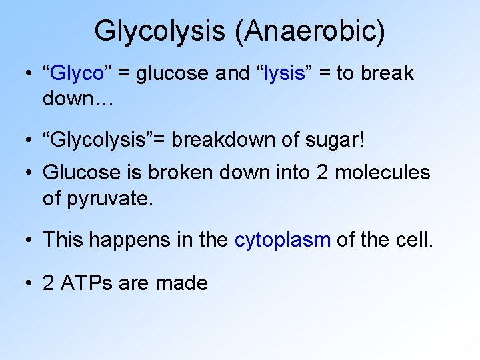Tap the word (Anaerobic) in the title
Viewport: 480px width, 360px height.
[x=309, y=31]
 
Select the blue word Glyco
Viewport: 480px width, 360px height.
[x=78, y=73]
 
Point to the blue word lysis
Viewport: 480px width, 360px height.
[x=284, y=73]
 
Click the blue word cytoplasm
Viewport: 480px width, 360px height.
[x=283, y=239]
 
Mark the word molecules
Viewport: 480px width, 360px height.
[x=382, y=173]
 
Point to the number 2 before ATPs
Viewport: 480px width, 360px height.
[x=49, y=283]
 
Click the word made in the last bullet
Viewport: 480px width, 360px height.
[x=181, y=283]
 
